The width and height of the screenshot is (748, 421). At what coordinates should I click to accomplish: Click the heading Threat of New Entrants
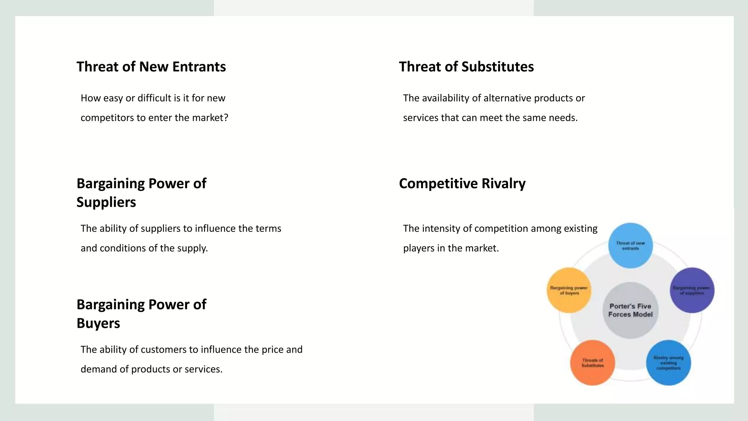click(151, 67)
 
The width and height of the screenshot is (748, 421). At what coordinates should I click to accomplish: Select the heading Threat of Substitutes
click(466, 67)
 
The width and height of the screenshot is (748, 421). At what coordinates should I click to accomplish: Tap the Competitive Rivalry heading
click(462, 183)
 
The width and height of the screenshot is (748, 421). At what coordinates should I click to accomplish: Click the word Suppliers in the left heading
click(106, 202)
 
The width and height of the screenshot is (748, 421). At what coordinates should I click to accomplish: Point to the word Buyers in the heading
click(98, 323)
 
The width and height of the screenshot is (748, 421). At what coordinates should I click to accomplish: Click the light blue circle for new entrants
click(630, 246)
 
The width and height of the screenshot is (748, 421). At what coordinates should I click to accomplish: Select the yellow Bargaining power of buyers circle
click(569, 290)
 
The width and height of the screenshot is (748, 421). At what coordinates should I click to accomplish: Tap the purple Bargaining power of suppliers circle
click(692, 290)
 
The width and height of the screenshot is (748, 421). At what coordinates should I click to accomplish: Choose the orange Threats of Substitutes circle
click(592, 363)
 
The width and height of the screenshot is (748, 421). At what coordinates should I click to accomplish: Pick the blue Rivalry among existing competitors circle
click(668, 363)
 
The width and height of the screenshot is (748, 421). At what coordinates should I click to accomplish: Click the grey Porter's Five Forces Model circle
click(630, 310)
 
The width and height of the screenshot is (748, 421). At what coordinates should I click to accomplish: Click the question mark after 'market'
click(226, 118)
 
